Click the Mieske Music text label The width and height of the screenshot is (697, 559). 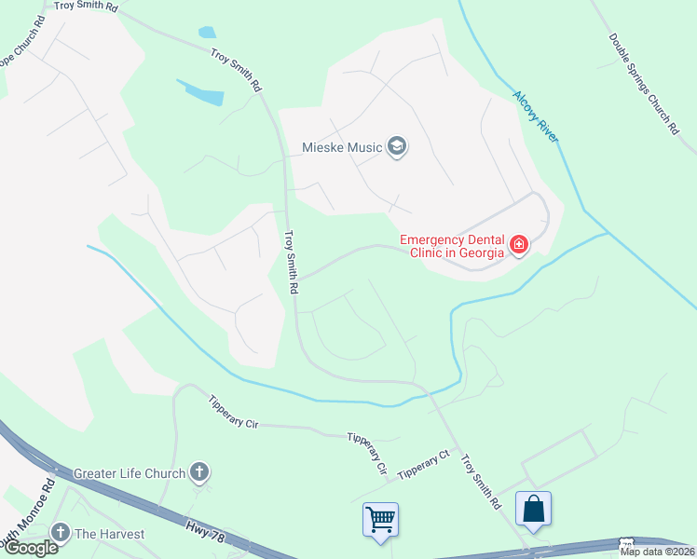click(x=342, y=147)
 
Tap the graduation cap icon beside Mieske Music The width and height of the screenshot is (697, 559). click(x=397, y=147)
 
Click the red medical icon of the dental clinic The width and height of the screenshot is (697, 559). click(x=519, y=246)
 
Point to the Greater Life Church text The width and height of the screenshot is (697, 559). click(x=130, y=473)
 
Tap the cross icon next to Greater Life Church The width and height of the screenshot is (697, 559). click(x=198, y=473)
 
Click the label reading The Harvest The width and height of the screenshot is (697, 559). click(x=110, y=534)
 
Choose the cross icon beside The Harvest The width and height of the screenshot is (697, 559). click(x=61, y=533)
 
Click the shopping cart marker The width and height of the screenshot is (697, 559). click(x=380, y=519)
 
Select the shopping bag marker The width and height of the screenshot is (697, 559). click(x=533, y=510)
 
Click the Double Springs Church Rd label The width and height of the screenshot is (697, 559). click(x=644, y=84)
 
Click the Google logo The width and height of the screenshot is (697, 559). click(x=30, y=548)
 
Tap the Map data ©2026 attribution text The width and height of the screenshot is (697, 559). click(x=657, y=552)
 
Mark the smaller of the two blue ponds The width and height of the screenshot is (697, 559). click(x=207, y=32)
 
